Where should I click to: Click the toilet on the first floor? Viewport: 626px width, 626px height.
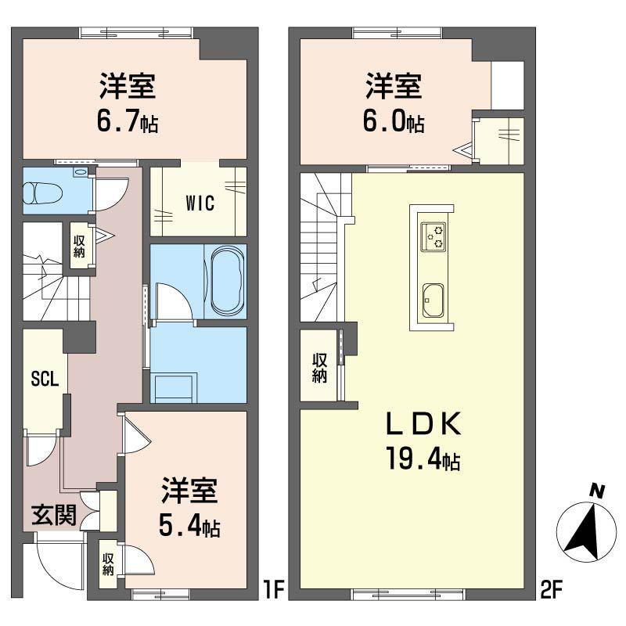[39, 192]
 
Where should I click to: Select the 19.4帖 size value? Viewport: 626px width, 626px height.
[421, 457]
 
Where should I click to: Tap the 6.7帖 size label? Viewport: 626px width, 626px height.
[127, 121]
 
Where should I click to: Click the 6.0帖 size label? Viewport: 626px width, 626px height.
[394, 121]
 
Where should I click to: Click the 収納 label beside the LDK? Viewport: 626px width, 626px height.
[319, 368]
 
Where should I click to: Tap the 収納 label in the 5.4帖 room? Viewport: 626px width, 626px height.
[107, 564]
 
